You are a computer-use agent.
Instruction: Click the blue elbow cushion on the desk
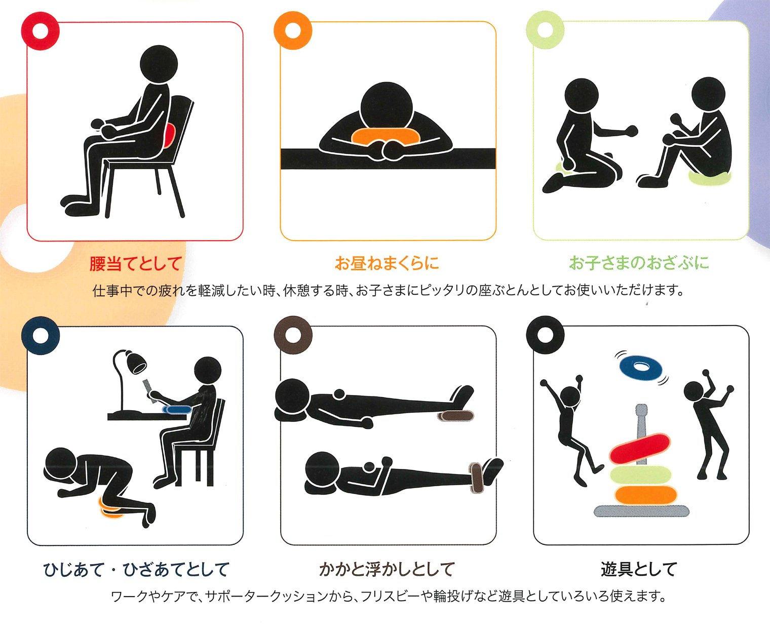[177, 410]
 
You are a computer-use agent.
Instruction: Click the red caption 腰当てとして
[135, 263]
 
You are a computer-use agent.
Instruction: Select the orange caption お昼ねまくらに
[387, 263]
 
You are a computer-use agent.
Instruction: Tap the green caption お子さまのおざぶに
[639, 262]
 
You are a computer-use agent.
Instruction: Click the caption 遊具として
[639, 569]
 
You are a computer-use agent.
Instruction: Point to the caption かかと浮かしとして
[387, 569]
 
